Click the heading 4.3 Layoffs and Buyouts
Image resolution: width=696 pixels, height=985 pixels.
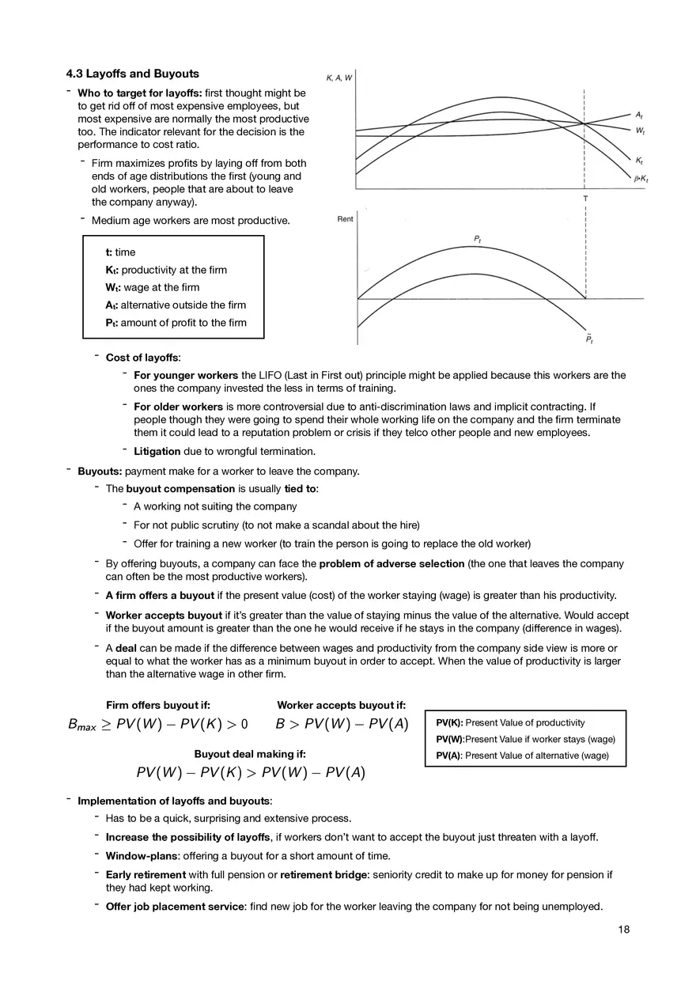pyautogui.click(x=132, y=74)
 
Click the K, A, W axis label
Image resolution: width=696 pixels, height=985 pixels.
pyautogui.click(x=339, y=78)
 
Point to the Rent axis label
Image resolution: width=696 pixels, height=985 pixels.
pyautogui.click(x=345, y=219)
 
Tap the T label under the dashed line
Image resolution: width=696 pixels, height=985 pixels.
pyautogui.click(x=584, y=199)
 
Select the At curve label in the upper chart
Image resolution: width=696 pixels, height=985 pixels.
pyautogui.click(x=638, y=116)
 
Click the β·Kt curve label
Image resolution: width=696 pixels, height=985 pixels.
pyautogui.click(x=641, y=179)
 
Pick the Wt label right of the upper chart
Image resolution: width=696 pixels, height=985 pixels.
pyautogui.click(x=639, y=130)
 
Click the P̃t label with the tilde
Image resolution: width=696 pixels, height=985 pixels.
pyautogui.click(x=589, y=340)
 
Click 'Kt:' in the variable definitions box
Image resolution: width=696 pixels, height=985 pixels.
pyautogui.click(x=112, y=270)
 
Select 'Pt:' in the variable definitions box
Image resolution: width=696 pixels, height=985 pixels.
pyautogui.click(x=112, y=323)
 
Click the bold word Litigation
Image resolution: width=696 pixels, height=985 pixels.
pyautogui.click(x=157, y=452)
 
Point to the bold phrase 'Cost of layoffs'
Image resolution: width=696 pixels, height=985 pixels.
pyautogui.click(x=142, y=358)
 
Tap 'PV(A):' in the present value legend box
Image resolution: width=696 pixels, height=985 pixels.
pyautogui.click(x=448, y=756)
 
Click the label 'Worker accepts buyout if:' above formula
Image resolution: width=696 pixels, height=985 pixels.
pyautogui.click(x=341, y=705)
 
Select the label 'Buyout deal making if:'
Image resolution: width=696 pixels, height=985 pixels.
pyautogui.click(x=250, y=754)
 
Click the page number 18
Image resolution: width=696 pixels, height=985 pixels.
pyautogui.click(x=624, y=930)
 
